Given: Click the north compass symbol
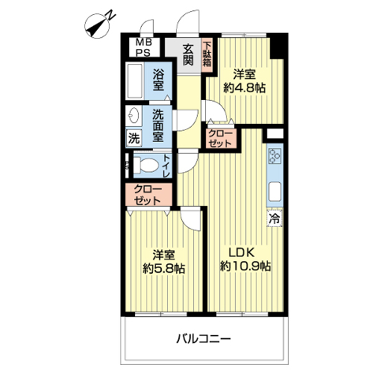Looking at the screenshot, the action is tap(98, 27).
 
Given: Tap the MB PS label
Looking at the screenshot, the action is tap(143, 48).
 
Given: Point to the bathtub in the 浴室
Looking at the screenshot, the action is tap(134, 81).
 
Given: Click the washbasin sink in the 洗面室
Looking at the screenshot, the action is tap(134, 115).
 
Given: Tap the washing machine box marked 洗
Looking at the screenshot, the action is tap(134, 138).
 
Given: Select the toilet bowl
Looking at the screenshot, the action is tap(146, 164).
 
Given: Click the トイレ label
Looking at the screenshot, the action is tap(166, 166).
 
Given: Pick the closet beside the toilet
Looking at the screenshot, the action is tap(149, 195).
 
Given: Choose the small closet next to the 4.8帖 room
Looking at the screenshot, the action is tap(220, 138).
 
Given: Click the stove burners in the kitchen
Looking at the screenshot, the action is tap(275, 156).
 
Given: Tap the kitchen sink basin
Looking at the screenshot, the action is tap(275, 192).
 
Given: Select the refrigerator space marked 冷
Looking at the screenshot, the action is tap(275, 218).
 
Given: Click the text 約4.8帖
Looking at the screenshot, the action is tap(244, 88).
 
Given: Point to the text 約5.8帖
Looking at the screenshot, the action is tap(163, 269).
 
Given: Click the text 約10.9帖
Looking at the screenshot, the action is tap(245, 266).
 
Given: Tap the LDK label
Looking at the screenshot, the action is tap(242, 253).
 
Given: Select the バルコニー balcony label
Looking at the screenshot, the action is tap(204, 339).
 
